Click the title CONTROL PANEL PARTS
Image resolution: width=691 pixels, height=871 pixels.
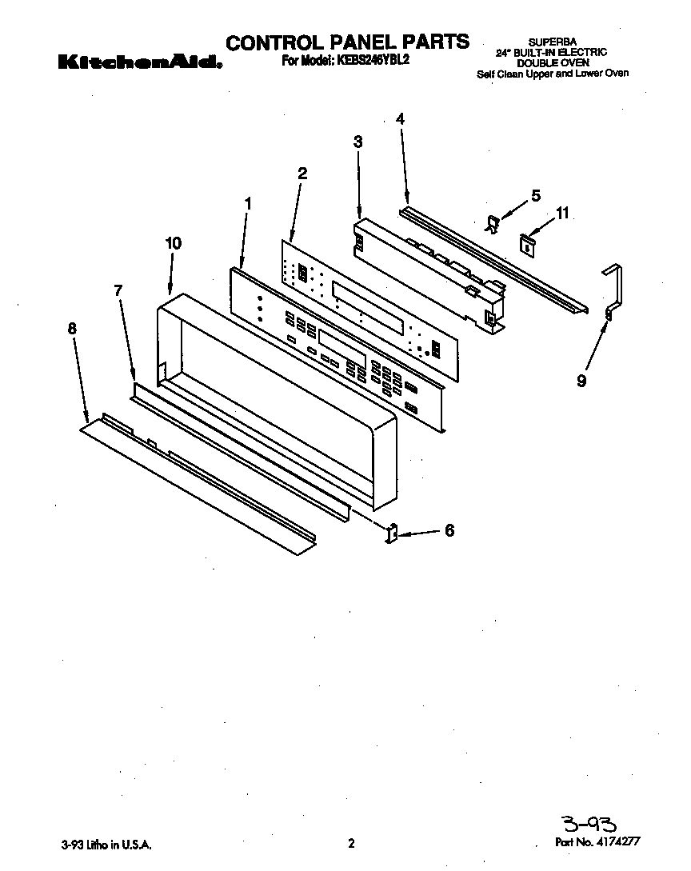347,42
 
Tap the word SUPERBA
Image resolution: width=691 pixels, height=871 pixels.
552,42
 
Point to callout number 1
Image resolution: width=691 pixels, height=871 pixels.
248,204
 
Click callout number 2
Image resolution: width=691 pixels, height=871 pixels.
302,173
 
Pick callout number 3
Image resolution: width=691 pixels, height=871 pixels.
358,142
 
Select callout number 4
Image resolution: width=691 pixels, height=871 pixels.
400,118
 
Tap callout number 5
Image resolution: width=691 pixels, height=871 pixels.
535,194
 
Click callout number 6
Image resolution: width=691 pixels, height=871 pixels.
449,529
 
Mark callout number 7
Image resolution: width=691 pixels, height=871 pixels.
118,291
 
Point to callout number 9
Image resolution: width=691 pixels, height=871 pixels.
581,382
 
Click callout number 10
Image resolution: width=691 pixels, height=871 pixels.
173,243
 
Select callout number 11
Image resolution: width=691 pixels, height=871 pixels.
562,213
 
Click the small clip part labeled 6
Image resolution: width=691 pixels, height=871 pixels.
393,533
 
